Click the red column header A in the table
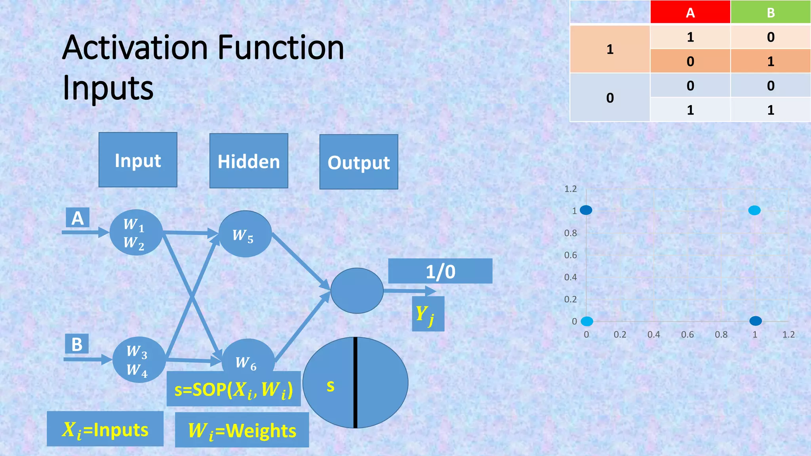coord(690,12)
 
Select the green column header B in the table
coord(771,12)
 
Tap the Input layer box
coord(138,160)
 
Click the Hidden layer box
coord(249,161)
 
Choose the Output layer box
coord(359,162)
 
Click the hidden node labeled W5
coord(245,234)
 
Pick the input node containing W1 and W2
coord(136,233)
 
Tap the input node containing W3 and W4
coord(139,360)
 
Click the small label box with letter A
coord(78,218)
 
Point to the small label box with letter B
coord(77,344)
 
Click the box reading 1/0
coord(440,272)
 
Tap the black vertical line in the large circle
coord(356,383)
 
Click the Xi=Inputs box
coord(105,429)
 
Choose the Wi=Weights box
coord(242,430)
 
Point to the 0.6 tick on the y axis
coord(570,255)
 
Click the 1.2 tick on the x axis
coord(788,334)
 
